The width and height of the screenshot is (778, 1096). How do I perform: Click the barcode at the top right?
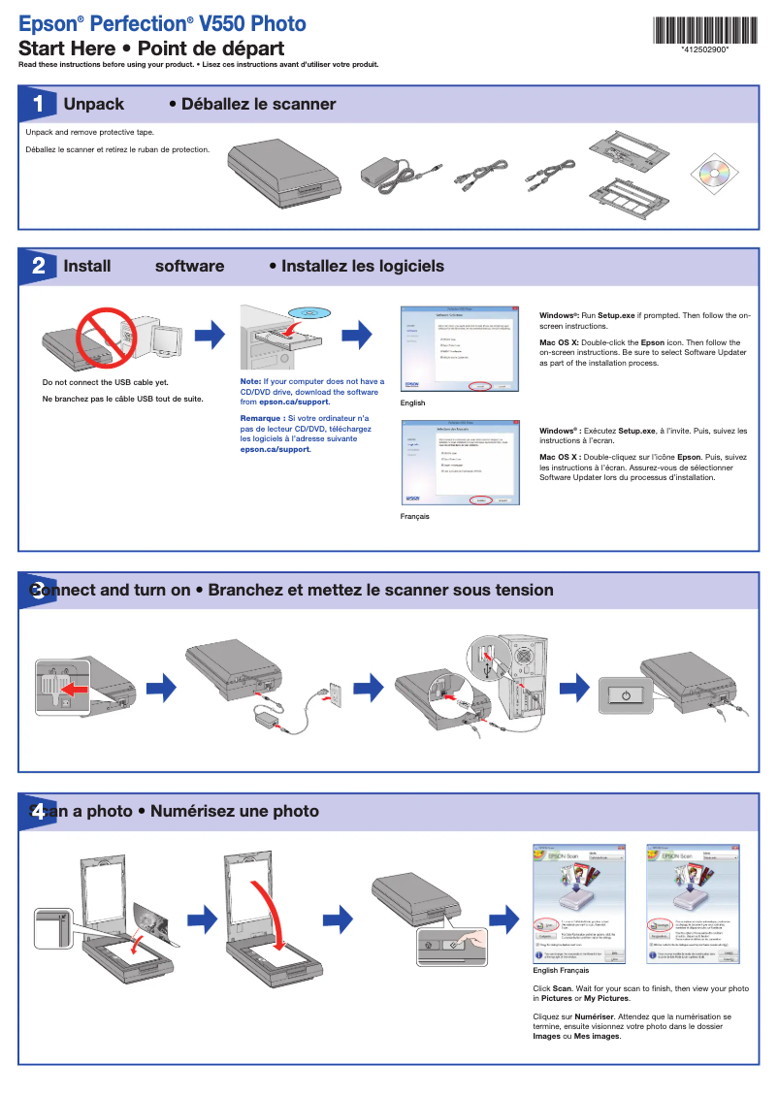pos(703,30)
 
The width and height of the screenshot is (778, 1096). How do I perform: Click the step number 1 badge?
pos(37,104)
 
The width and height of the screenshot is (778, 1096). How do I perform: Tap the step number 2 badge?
pos(37,266)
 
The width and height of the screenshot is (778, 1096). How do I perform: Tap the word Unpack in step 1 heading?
pos(94,104)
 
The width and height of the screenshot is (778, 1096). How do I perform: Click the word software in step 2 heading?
pos(189,266)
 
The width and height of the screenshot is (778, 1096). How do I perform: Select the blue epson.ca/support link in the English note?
pos(294,402)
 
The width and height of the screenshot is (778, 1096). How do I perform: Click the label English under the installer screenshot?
pos(412,403)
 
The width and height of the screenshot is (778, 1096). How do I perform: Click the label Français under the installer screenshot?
pos(414,516)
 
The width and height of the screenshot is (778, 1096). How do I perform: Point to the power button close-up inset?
pos(627,694)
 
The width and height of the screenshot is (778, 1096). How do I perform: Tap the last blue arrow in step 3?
pos(576,687)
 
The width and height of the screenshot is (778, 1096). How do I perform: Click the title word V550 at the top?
pos(225,23)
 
